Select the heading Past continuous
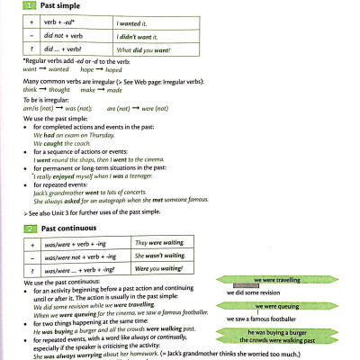point(67,228)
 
